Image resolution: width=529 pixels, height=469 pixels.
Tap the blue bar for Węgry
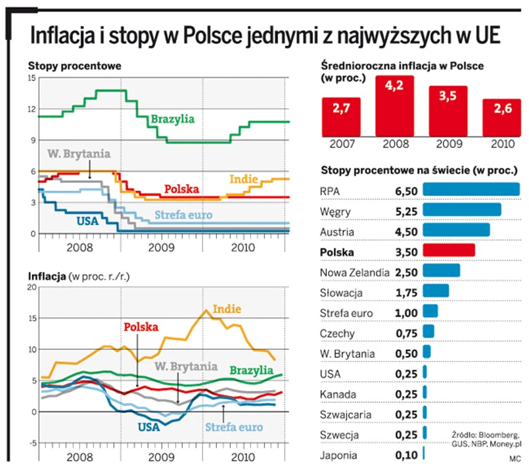[462, 210]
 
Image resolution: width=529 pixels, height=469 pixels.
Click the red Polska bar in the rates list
[449, 251]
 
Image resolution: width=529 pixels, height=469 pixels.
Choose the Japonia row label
[339, 454]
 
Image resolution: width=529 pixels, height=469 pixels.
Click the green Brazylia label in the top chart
[172, 119]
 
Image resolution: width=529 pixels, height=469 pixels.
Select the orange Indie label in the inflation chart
[227, 309]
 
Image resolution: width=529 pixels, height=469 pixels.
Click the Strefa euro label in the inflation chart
[234, 428]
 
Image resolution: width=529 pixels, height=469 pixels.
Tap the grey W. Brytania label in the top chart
[79, 155]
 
